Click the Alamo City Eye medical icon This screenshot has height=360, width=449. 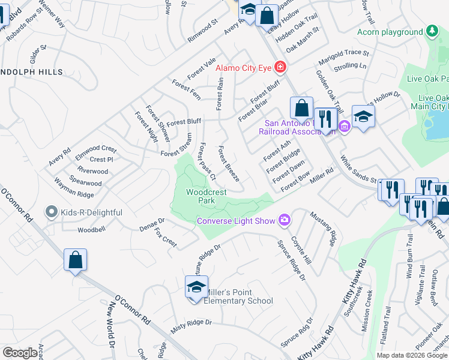pos(279,67)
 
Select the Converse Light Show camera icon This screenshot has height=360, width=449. pos(284,221)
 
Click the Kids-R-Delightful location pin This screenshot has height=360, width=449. pos(51,212)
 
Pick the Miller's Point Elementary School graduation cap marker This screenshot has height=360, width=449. pos(196,289)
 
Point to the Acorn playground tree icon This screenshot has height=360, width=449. pos(431,32)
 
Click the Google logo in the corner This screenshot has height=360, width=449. pos(20,353)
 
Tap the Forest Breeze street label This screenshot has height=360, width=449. pos(229,164)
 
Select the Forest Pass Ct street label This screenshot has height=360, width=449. pos(207,161)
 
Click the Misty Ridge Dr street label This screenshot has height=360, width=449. pos(191,323)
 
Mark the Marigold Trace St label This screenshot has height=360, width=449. pos(344,53)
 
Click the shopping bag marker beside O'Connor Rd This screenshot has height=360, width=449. pos(76,260)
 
